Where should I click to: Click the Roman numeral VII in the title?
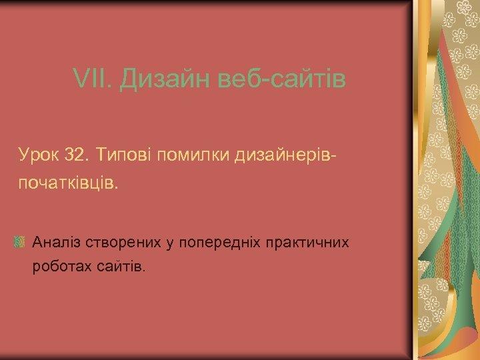click(91, 81)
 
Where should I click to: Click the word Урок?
click(39, 155)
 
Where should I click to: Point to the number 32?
click(75, 155)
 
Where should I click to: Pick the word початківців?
click(67, 183)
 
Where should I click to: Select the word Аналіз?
click(57, 241)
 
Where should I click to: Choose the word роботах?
click(61, 267)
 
